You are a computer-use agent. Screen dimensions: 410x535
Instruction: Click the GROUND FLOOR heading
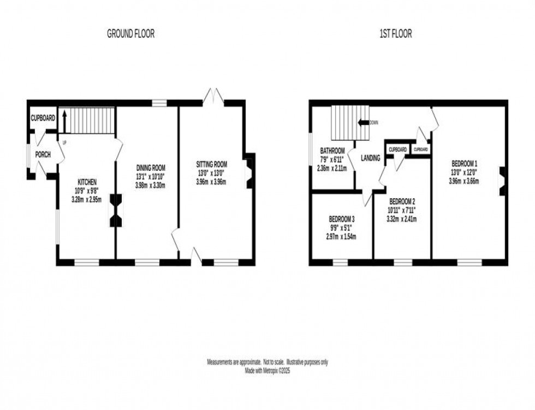(x=130, y=34)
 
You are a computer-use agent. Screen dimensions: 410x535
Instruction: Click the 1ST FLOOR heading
(x=396, y=34)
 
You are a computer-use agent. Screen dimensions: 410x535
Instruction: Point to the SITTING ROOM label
(x=211, y=164)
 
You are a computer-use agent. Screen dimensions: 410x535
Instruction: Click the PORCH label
(x=43, y=155)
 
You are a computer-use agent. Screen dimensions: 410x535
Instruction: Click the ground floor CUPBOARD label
(x=43, y=118)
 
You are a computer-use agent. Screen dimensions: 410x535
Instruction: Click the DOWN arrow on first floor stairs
(x=363, y=123)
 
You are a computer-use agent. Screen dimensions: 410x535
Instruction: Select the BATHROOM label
(x=332, y=151)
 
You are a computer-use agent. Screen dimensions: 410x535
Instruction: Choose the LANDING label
(x=371, y=158)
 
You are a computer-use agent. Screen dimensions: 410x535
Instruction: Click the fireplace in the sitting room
(x=249, y=171)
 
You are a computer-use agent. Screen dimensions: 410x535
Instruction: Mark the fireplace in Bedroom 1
(x=502, y=180)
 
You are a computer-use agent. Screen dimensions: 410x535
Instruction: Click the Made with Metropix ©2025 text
(x=267, y=370)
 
